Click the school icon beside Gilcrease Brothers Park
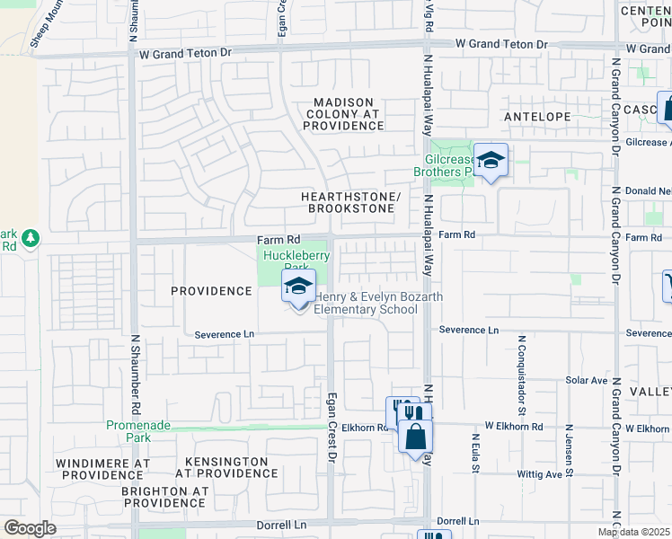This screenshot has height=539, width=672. coord(491,161)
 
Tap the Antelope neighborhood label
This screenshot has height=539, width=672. coord(537,118)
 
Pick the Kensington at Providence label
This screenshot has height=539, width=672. coord(226,467)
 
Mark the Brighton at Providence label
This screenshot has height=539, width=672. coord(164,497)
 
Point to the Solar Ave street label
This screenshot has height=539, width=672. coord(587,381)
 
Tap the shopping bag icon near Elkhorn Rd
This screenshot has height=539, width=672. coord(416,438)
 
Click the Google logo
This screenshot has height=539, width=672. coord(30,528)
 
